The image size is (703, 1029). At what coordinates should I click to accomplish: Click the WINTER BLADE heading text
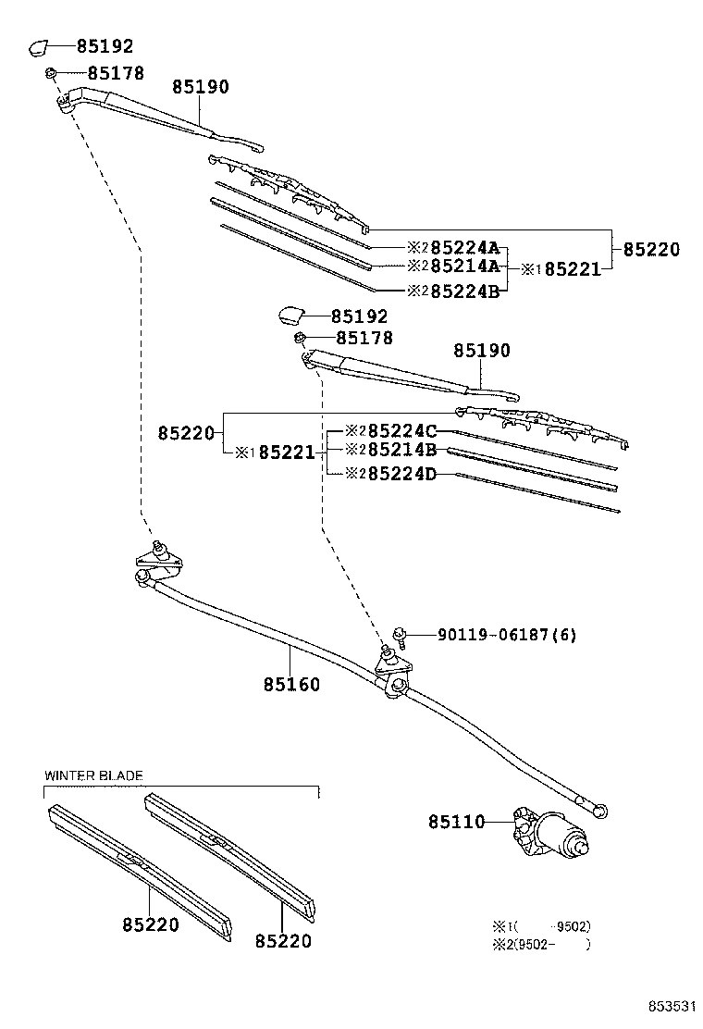[93, 775]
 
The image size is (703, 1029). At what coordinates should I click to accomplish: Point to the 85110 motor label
[456, 822]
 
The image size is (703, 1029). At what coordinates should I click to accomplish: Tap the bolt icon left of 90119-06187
[400, 635]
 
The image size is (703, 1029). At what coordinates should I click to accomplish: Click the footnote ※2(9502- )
[541, 944]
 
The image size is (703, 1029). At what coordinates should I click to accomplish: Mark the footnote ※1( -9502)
[541, 926]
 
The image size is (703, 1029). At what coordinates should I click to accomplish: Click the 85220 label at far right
[650, 249]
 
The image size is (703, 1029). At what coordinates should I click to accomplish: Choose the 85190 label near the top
[200, 87]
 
